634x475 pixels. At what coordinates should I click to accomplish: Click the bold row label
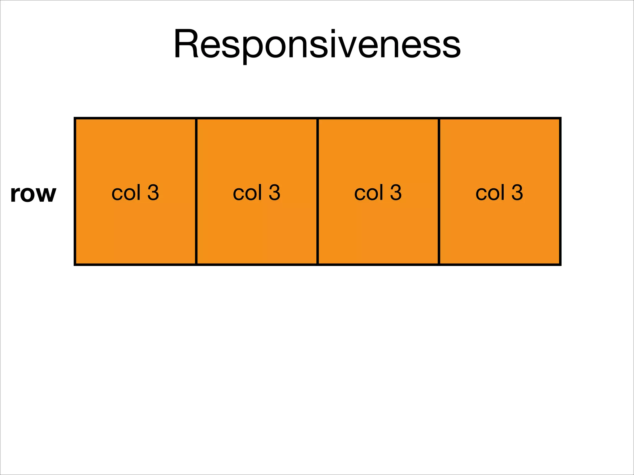tap(33, 194)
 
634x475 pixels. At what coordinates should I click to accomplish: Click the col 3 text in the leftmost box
tap(135, 193)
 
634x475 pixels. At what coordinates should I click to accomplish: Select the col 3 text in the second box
tap(257, 193)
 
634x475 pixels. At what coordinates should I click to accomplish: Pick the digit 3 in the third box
tap(396, 192)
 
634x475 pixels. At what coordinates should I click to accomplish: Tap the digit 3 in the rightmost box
tap(517, 192)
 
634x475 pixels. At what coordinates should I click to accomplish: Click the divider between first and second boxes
tap(196, 191)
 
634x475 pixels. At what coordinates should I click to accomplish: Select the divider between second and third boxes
tap(318, 191)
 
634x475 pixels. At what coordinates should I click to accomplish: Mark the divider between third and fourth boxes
tap(439, 191)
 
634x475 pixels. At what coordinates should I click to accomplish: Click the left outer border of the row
tap(75, 191)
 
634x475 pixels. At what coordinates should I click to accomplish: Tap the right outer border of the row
tap(560, 191)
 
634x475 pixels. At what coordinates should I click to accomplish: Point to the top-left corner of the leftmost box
tap(75, 118)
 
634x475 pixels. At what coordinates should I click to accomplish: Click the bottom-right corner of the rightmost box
tap(560, 264)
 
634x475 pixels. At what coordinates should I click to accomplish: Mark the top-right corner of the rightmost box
tap(560, 118)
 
